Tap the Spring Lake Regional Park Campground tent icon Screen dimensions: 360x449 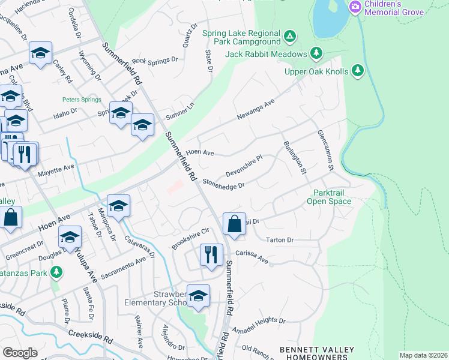point(290,37)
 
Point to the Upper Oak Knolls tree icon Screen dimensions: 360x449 point(358,71)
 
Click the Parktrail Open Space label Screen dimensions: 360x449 point(332,197)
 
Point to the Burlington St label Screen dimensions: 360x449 point(295,157)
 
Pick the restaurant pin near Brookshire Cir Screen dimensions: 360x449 point(211,254)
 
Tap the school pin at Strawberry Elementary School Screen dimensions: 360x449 point(198,295)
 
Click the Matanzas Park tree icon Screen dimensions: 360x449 point(56,273)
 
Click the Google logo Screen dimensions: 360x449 point(20,353)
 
